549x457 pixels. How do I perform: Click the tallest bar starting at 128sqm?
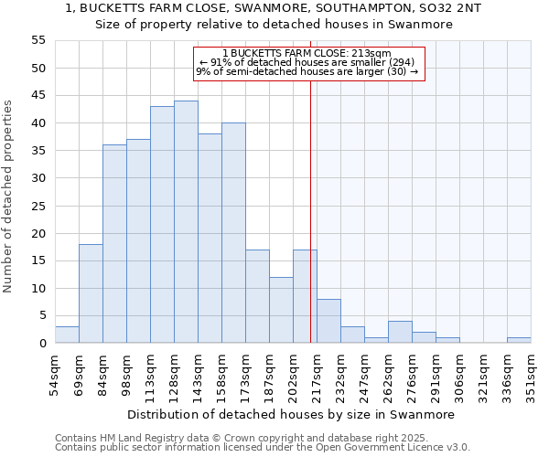(x=186, y=222)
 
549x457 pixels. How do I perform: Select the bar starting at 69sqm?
(x=91, y=293)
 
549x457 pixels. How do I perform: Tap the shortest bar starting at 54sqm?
(x=67, y=335)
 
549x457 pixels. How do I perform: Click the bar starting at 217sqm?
(x=328, y=321)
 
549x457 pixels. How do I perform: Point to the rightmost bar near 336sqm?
(x=519, y=340)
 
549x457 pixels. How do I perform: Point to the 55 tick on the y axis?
(x=38, y=40)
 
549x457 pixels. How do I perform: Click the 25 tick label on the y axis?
(x=38, y=206)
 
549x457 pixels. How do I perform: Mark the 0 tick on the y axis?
(x=42, y=344)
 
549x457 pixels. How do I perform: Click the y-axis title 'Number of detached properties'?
(x=9, y=196)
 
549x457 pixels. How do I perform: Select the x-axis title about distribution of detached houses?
(x=291, y=414)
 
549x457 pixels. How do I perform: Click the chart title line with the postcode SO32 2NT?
(x=274, y=8)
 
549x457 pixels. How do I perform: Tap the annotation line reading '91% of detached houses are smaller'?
(x=307, y=62)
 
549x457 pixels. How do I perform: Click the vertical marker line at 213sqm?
(x=310, y=210)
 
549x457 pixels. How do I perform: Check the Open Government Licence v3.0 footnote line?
(x=263, y=447)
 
